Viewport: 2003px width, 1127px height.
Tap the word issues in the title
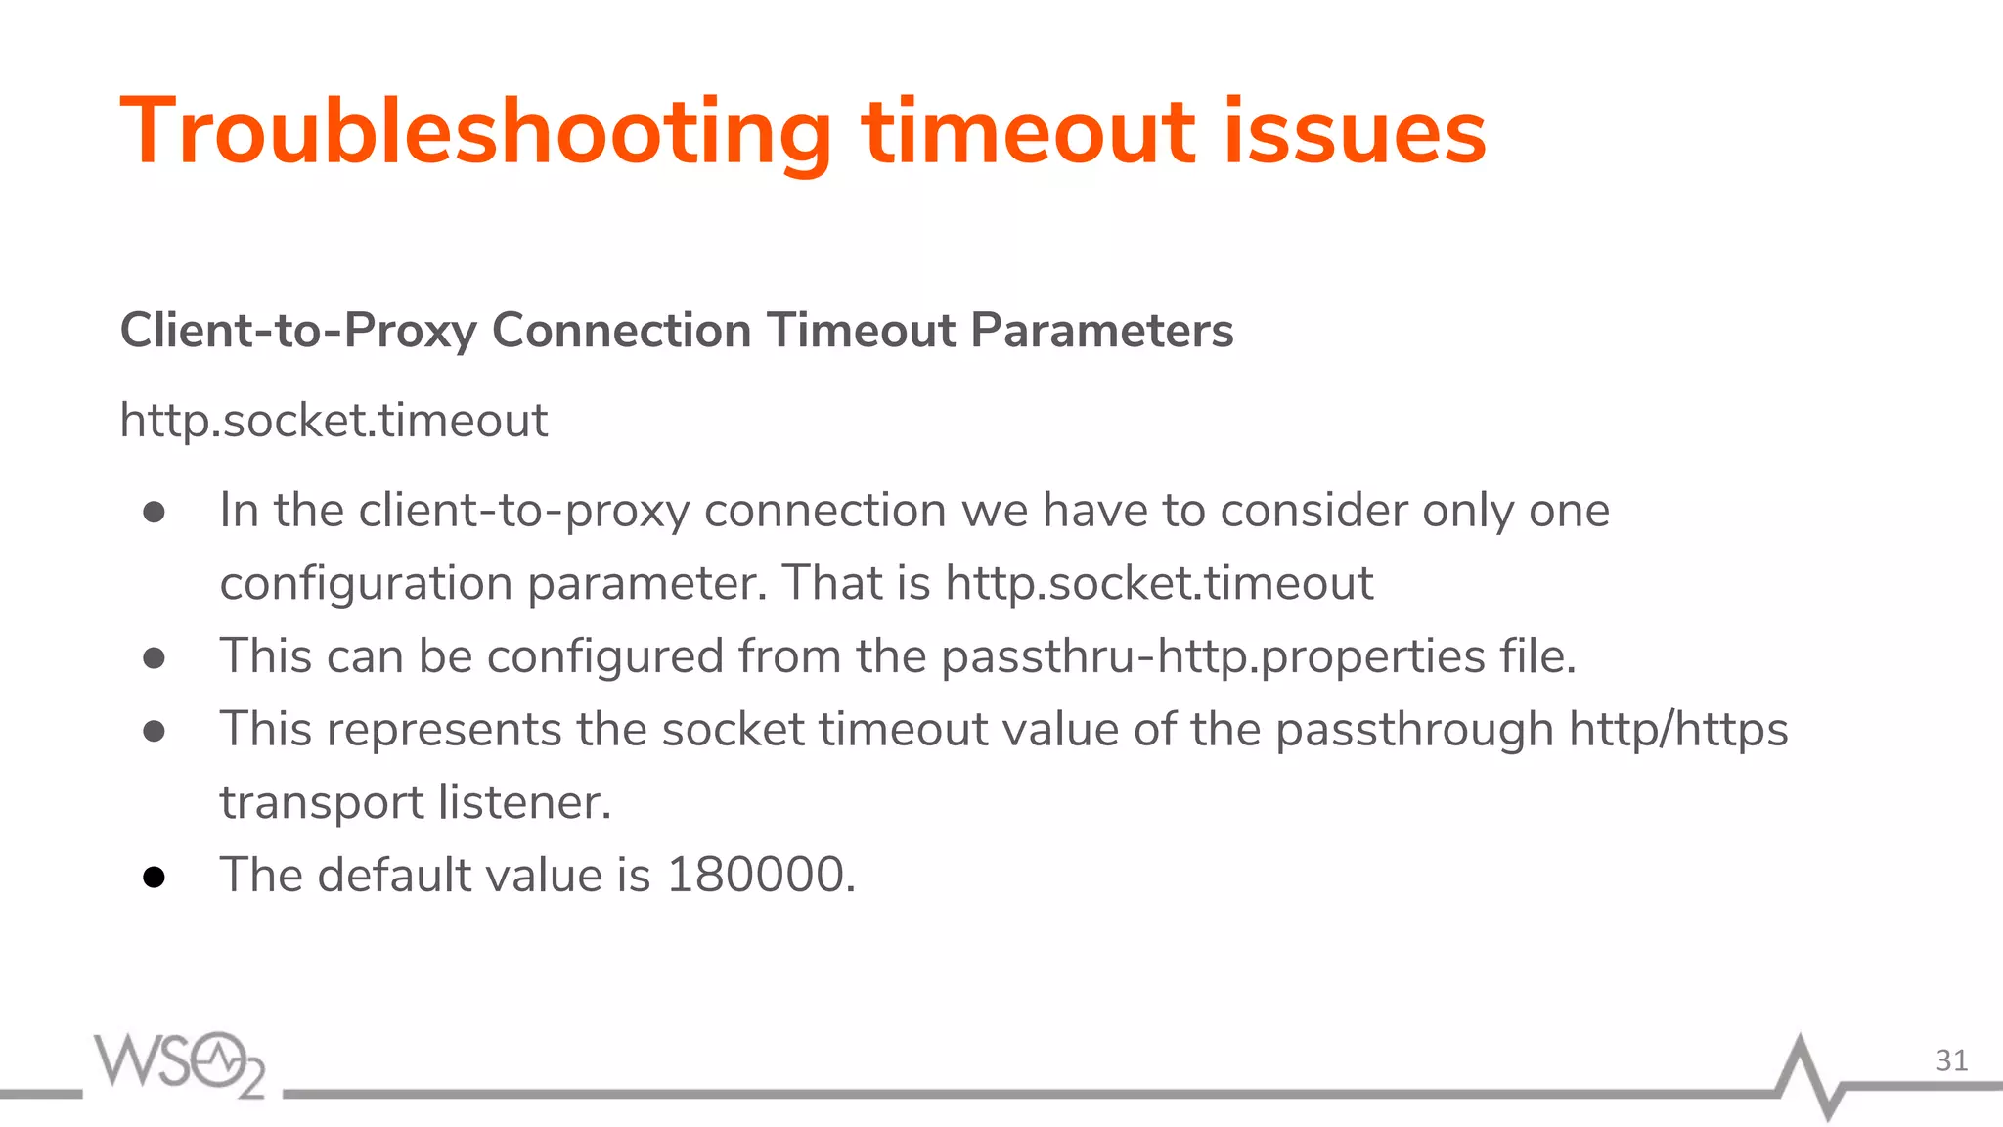(1355, 132)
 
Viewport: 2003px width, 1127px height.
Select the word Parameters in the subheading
(1102, 331)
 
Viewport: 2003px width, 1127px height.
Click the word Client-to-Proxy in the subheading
(298, 331)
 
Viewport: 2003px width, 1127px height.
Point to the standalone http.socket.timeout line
(334, 421)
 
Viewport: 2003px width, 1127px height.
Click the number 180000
(756, 875)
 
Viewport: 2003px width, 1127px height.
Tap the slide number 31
(1951, 1060)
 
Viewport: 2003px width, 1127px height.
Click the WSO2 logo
(180, 1063)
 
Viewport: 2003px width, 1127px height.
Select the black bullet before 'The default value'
(154, 877)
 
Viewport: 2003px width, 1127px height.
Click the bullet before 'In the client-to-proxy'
(154, 513)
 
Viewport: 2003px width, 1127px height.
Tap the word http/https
(1678, 730)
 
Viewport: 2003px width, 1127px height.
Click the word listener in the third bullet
(524, 802)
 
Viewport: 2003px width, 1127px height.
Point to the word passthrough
(1414, 730)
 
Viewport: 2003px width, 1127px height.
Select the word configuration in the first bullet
(366, 584)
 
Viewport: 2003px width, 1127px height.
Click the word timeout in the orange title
(1028, 132)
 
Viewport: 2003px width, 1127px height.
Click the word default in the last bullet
(394, 875)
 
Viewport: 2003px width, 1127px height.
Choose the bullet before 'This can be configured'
(154, 658)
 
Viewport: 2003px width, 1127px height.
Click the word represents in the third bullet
(444, 730)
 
